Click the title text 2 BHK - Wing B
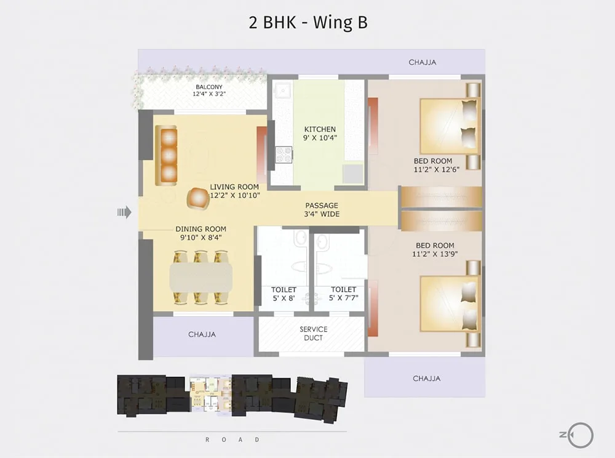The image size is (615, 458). click(x=308, y=22)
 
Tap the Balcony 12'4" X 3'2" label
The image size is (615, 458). click(x=209, y=90)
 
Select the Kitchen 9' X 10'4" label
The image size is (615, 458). click(x=320, y=134)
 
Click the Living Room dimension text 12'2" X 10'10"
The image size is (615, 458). click(x=235, y=195)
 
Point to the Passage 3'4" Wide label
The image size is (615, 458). click(x=322, y=209)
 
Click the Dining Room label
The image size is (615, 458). click(x=201, y=229)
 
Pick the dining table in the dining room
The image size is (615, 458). click(x=201, y=277)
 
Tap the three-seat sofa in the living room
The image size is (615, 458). click(x=166, y=155)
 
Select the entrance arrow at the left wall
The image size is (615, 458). click(x=124, y=212)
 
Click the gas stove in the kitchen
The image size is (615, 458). click(x=284, y=155)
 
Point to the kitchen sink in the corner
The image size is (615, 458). click(x=282, y=90)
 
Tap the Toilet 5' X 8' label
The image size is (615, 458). click(x=284, y=294)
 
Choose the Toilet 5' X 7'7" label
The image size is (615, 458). click(x=344, y=294)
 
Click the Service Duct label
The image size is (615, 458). click(x=314, y=334)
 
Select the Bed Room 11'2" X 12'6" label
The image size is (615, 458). click(x=436, y=165)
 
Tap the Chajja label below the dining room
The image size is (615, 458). click(x=202, y=334)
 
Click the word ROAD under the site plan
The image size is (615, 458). click(x=232, y=440)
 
